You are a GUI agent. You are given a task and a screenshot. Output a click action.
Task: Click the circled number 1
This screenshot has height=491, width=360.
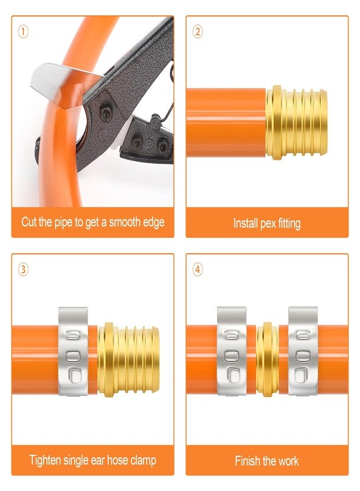tap(23, 32)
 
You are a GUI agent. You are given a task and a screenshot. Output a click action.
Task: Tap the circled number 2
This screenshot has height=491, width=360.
tap(197, 32)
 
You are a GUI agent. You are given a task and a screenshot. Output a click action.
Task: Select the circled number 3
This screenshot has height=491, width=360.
tap(23, 270)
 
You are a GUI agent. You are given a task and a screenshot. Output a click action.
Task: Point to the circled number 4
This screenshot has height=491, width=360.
tap(197, 270)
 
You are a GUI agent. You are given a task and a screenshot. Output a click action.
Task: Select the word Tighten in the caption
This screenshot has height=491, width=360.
tap(45, 460)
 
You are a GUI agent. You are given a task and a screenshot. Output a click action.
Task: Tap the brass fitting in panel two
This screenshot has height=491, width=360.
tap(296, 122)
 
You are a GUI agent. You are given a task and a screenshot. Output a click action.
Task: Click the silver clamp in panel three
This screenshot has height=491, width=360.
tap(73, 351)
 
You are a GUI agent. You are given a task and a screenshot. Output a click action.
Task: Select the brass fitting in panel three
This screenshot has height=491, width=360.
tap(128, 358)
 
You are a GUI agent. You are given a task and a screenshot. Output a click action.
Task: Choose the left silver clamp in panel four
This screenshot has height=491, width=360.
tap(232, 351)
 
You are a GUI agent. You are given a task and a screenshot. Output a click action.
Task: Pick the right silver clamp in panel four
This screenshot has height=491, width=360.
tap(303, 351)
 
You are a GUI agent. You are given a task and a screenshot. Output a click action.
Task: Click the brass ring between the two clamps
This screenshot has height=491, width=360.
tap(267, 359)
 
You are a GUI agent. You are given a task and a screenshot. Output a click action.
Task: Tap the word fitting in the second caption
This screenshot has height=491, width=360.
tap(289, 224)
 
